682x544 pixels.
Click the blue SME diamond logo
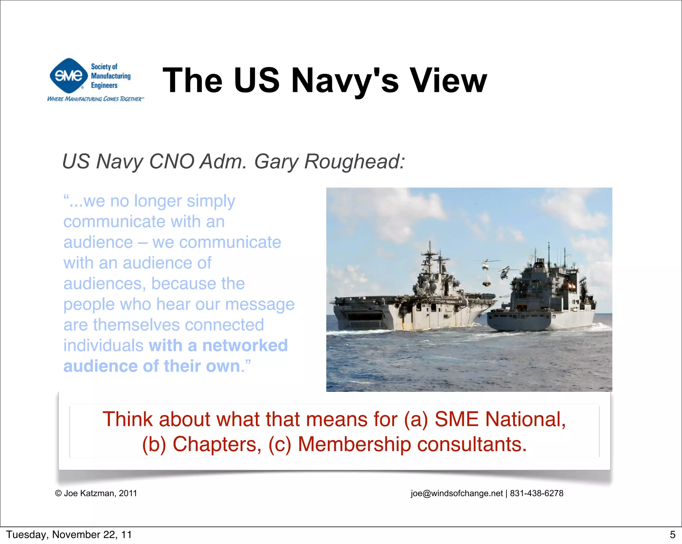pyautogui.click(x=69, y=76)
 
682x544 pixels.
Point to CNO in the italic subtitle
pyautogui.click(x=172, y=161)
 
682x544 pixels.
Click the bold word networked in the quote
pyautogui.click(x=245, y=345)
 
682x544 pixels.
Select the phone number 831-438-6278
pyautogui.click(x=536, y=493)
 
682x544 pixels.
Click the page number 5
pyautogui.click(x=672, y=535)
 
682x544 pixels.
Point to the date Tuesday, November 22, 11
pyautogui.click(x=69, y=535)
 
